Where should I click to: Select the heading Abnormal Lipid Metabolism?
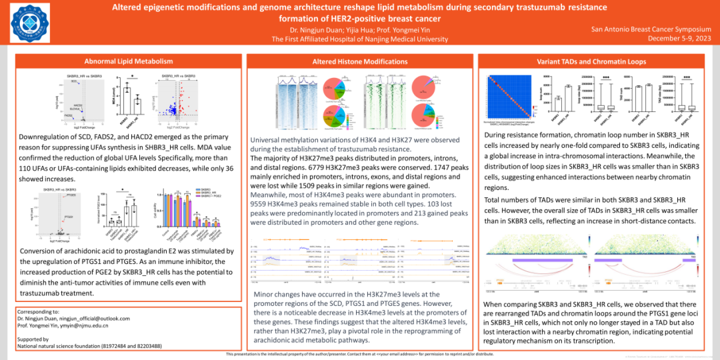123,61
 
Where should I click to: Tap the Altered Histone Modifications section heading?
360,61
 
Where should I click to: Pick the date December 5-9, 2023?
679,39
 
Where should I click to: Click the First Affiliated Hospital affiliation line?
360,39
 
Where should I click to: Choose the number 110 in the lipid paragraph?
27,169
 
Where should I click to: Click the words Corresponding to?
39,311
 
